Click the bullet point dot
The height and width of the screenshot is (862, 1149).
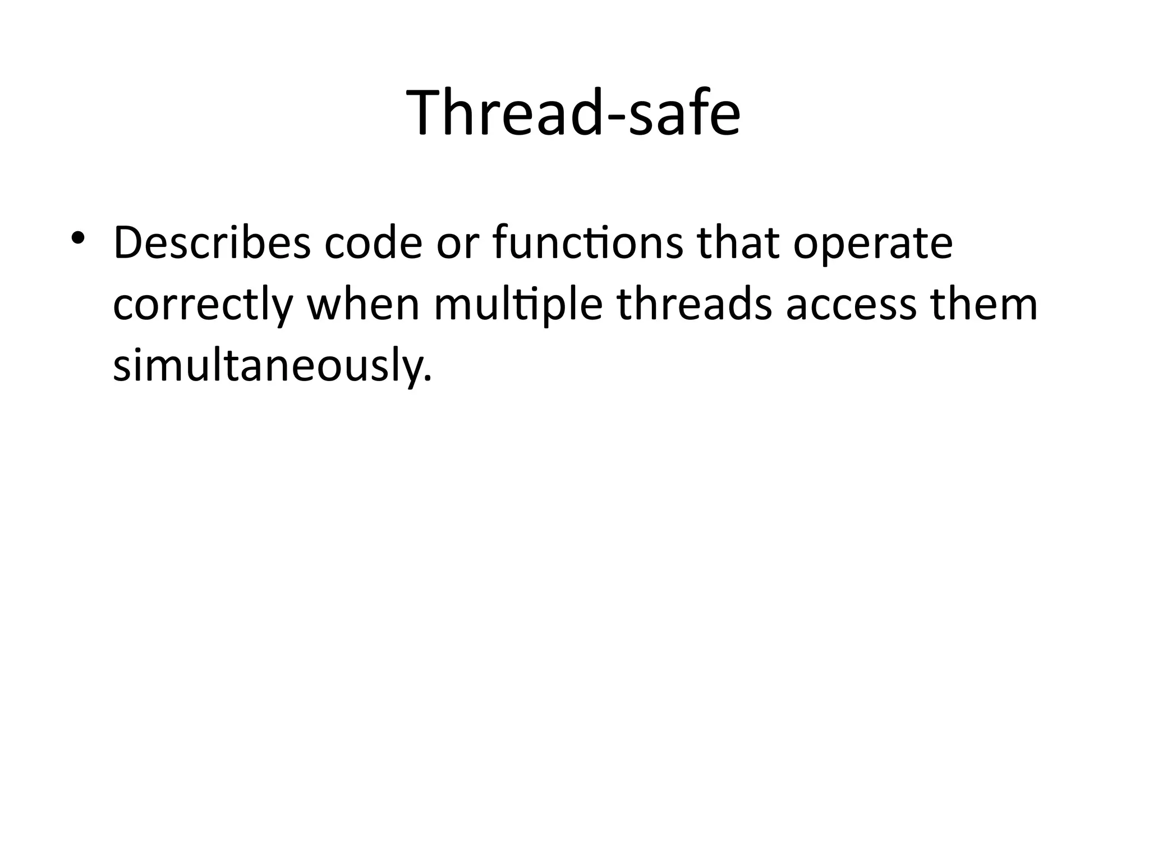(78, 238)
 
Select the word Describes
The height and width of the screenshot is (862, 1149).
(212, 243)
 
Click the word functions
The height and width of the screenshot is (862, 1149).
(588, 243)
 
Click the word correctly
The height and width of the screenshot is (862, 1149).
(203, 306)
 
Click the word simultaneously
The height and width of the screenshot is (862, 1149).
(268, 366)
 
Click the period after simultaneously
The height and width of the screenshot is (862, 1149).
(429, 379)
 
